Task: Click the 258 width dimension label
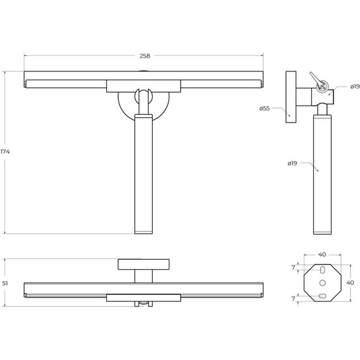pyautogui.click(x=145, y=56)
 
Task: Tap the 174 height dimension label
pyautogui.click(x=5, y=152)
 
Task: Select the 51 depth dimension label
pyautogui.click(x=5, y=284)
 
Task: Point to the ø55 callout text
pyautogui.click(x=265, y=109)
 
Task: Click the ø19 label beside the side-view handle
pyautogui.click(x=292, y=163)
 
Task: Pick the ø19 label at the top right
pyautogui.click(x=355, y=87)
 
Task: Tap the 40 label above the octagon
pyautogui.click(x=322, y=255)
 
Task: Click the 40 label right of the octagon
pyautogui.click(x=350, y=282)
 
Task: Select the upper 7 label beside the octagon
pyautogui.click(x=293, y=268)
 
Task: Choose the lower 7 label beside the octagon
pyautogui.click(x=293, y=299)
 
